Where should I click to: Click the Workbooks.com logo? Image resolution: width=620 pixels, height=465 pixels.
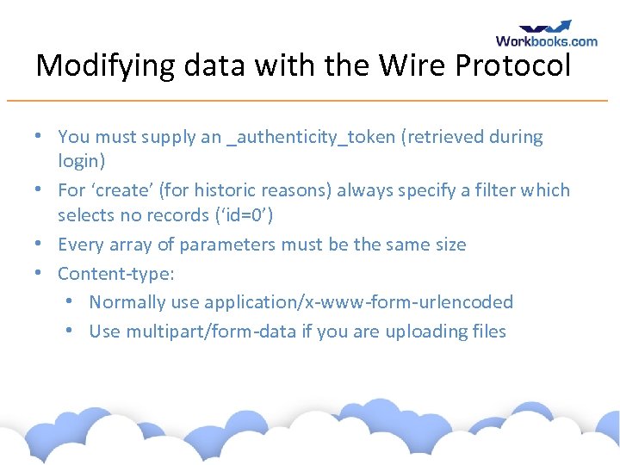coord(546,34)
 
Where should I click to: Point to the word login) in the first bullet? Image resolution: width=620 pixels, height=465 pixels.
coord(81,160)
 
